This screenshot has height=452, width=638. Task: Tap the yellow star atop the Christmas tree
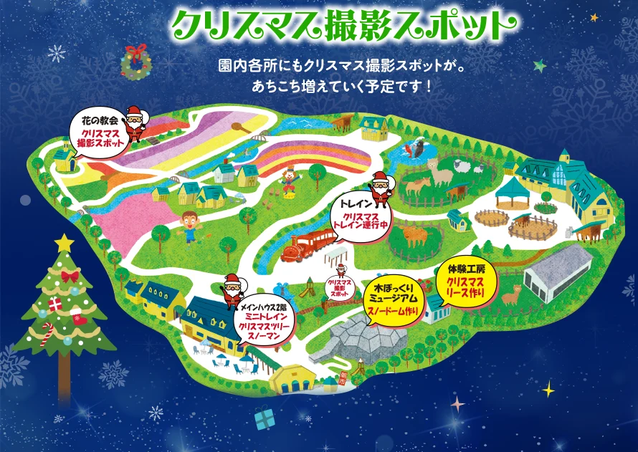[x=64, y=243]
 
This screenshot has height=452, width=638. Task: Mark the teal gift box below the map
[x=265, y=418]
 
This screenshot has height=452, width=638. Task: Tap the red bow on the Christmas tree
[x=69, y=276]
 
